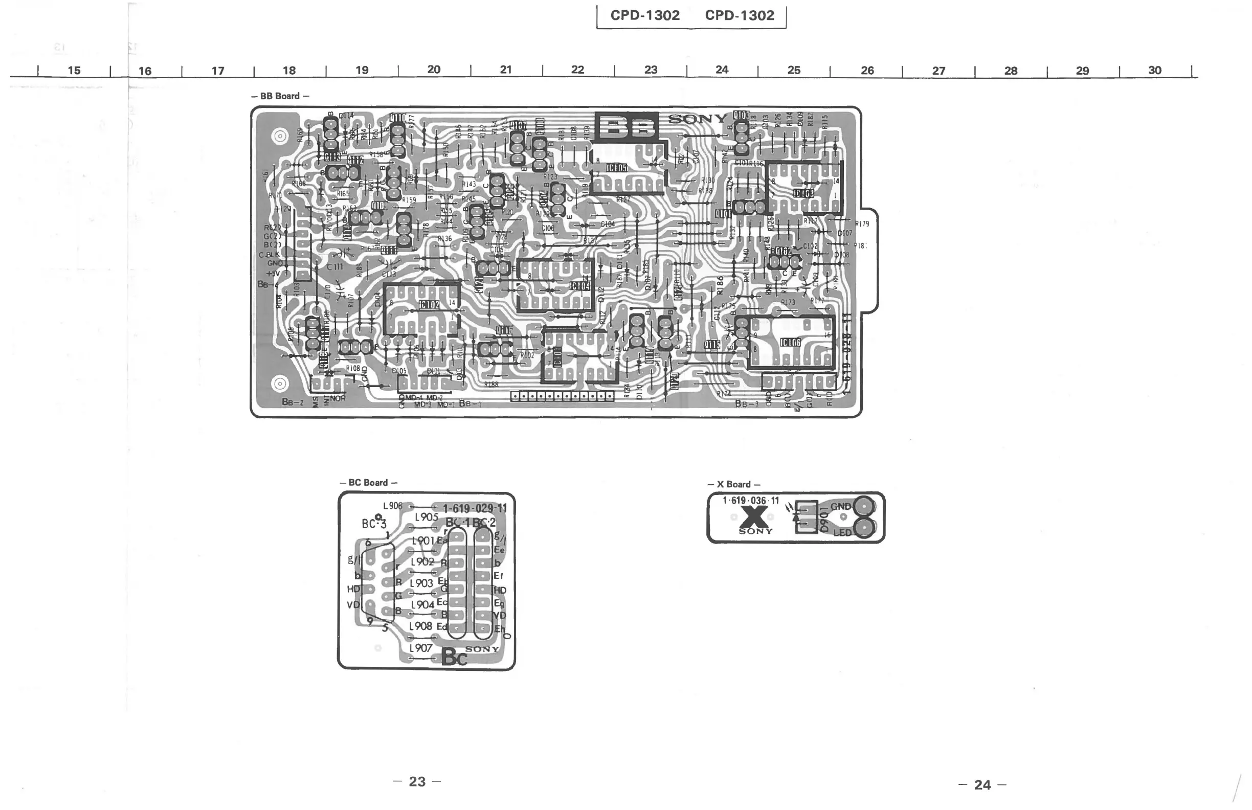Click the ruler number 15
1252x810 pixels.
click(x=74, y=70)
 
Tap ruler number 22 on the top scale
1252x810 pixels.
click(x=577, y=70)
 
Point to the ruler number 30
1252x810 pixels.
click(x=1155, y=70)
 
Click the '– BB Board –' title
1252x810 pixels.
click(x=280, y=96)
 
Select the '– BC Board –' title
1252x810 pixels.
click(x=368, y=482)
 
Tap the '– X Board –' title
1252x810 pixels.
click(x=734, y=484)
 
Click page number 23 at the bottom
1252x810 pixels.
click(x=417, y=781)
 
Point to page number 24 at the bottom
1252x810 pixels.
click(x=982, y=785)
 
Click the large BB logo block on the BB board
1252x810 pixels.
click(x=627, y=126)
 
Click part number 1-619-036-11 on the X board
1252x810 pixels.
click(x=751, y=501)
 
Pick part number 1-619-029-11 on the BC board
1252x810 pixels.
click(x=475, y=508)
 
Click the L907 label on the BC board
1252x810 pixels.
click(x=420, y=648)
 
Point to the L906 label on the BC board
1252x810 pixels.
click(x=392, y=506)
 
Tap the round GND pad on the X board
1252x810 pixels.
click(x=864, y=507)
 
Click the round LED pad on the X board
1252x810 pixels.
click(x=864, y=529)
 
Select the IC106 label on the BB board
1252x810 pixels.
click(x=790, y=343)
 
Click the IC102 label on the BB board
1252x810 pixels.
click(x=429, y=305)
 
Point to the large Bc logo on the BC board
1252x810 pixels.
click(x=454, y=657)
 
